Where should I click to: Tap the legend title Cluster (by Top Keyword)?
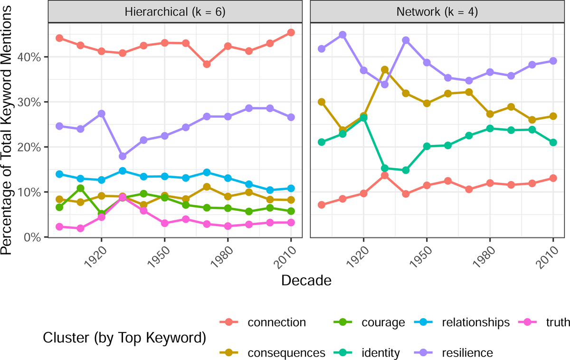tap(124, 338)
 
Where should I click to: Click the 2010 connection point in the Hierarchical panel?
tap(291, 32)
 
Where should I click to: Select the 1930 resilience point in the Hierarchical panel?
tap(123, 156)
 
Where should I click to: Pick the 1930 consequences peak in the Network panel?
tap(385, 70)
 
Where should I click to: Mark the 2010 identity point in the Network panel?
tap(553, 142)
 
